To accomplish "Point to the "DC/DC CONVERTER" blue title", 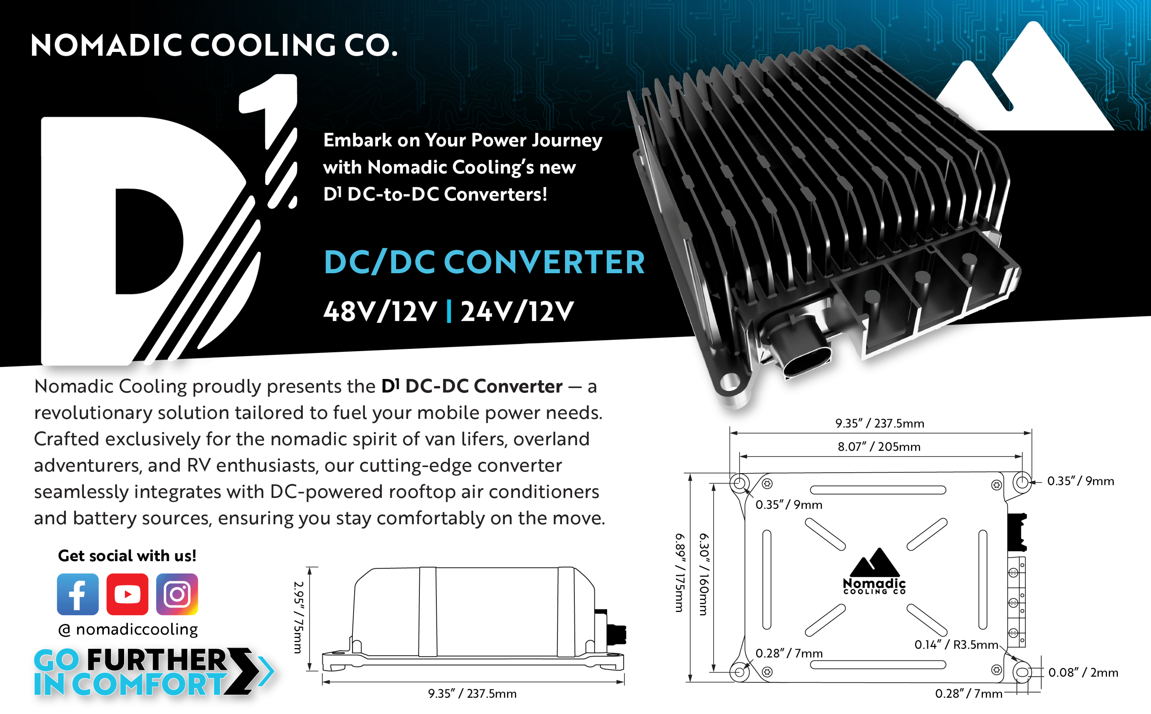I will click(484, 263).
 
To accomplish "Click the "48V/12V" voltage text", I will click(380, 312).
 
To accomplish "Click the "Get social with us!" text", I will click(127, 556).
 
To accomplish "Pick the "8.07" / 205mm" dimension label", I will click(879, 447).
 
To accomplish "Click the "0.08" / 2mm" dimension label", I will click(1083, 672).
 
